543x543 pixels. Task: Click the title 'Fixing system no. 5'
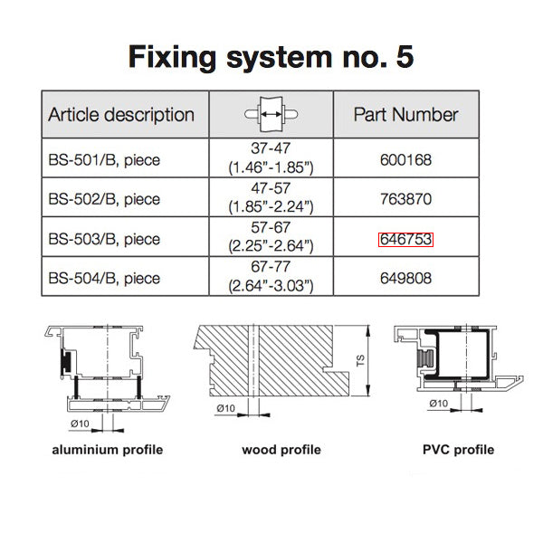[x=271, y=56]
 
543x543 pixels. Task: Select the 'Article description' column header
[x=121, y=115]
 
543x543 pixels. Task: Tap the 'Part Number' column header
[x=405, y=115]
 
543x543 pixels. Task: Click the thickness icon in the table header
[x=271, y=114]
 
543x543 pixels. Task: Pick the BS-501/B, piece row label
[x=104, y=160]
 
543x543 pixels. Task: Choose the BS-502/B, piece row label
[x=104, y=199]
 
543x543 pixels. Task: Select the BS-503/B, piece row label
[x=104, y=239]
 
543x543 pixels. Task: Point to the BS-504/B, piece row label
[x=104, y=278]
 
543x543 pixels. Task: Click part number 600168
[x=405, y=160]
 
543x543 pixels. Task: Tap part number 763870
[x=405, y=199]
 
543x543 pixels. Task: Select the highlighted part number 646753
[x=405, y=239]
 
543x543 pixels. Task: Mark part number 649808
[x=405, y=278]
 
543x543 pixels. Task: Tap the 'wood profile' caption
[x=281, y=450]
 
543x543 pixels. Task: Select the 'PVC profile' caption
[x=458, y=450]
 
